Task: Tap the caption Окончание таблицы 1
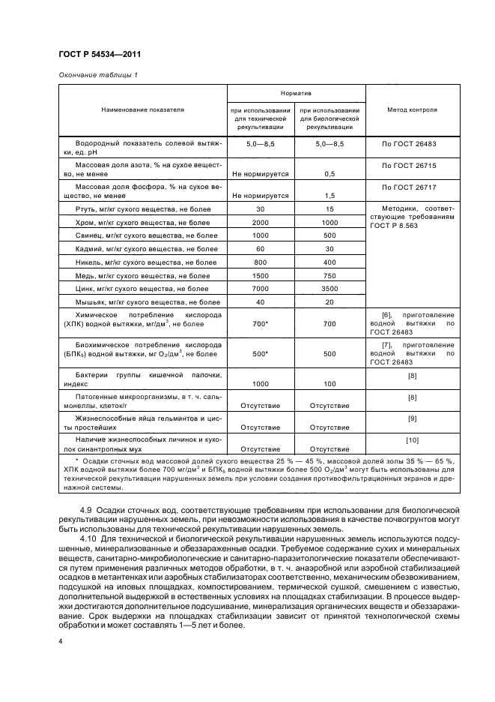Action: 97,74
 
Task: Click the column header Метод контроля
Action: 412,109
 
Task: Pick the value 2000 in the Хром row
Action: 261,222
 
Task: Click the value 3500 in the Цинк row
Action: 330,288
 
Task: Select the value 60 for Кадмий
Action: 261,248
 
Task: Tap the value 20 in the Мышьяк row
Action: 330,301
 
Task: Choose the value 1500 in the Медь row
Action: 261,275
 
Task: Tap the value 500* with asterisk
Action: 261,354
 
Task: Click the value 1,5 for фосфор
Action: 330,196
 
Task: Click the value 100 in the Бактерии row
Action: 330,383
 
